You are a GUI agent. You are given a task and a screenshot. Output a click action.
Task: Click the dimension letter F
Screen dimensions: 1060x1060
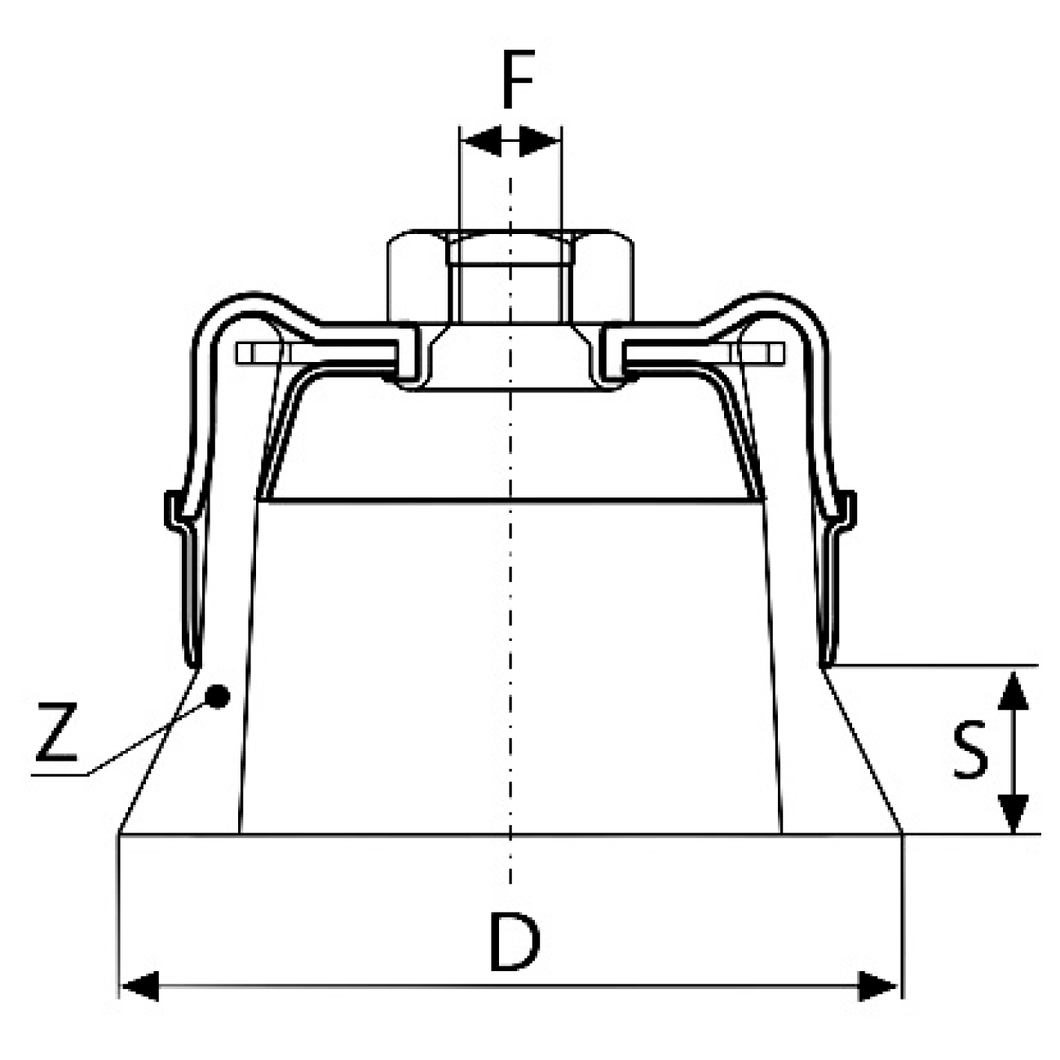(518, 79)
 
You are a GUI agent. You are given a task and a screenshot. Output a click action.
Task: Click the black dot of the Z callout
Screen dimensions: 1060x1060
(217, 697)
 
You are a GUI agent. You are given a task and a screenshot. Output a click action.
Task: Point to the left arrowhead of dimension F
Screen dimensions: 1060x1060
(480, 141)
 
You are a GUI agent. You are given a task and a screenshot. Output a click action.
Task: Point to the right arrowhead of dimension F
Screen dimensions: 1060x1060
(540, 141)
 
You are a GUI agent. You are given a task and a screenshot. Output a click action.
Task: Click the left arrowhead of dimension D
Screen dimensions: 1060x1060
(139, 987)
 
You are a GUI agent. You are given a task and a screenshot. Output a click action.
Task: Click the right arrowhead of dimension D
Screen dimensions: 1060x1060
(878, 987)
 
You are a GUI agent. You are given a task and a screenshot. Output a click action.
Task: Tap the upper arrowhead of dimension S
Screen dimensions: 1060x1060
(1013, 691)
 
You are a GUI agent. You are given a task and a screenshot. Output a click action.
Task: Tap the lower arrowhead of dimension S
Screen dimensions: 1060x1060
(1013, 813)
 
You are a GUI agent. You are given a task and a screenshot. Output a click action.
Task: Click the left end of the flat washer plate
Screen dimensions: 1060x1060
(245, 354)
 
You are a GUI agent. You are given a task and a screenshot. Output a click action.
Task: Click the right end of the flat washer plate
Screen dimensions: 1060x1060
(775, 354)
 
